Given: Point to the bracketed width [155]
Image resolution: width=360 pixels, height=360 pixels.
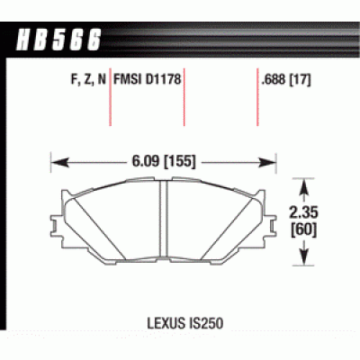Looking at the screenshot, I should pyautogui.click(x=178, y=163).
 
